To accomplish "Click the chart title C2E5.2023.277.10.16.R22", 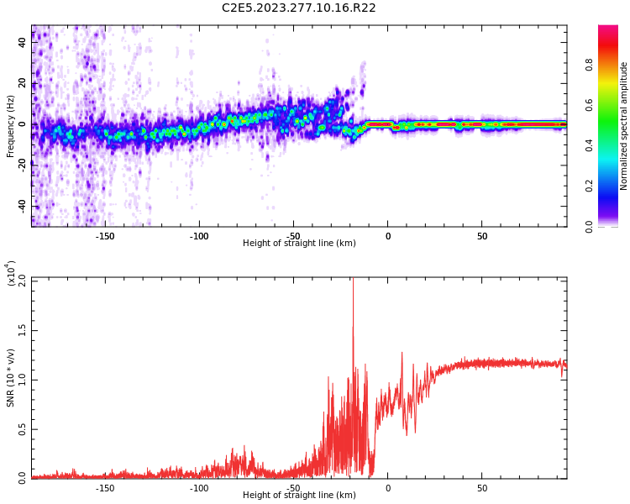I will point(299,8).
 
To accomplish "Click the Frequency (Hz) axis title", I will point(11,125).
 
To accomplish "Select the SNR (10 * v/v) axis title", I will point(11,377).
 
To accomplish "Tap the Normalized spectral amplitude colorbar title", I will point(624,125).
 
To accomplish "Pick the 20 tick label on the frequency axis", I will point(23,83).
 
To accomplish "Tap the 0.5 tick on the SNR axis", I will point(23,428).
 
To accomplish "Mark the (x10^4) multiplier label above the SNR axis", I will point(12,274).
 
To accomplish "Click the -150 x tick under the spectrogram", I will point(105,236).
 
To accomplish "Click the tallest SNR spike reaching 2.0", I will point(353,281).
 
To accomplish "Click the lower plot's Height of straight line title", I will point(299,496).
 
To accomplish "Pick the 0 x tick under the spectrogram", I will point(388,236).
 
